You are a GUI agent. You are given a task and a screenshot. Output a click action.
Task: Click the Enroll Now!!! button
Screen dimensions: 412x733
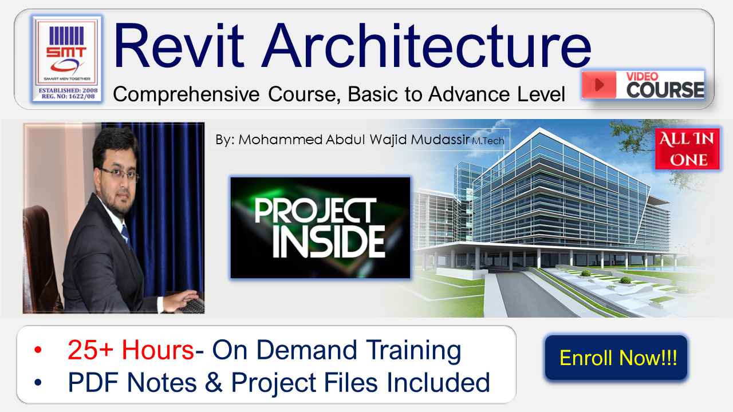click(616, 358)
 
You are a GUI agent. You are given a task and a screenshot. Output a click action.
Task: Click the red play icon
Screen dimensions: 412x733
click(599, 85)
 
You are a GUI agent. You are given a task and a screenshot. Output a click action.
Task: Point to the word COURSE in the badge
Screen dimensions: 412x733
click(665, 90)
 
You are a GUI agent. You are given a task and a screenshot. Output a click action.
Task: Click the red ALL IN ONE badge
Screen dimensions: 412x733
click(688, 149)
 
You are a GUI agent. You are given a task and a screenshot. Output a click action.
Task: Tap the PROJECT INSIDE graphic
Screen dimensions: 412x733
click(320, 228)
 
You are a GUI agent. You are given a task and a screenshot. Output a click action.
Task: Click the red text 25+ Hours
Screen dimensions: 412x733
click(131, 350)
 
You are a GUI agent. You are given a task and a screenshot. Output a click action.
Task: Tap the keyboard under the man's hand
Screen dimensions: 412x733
click(192, 306)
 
